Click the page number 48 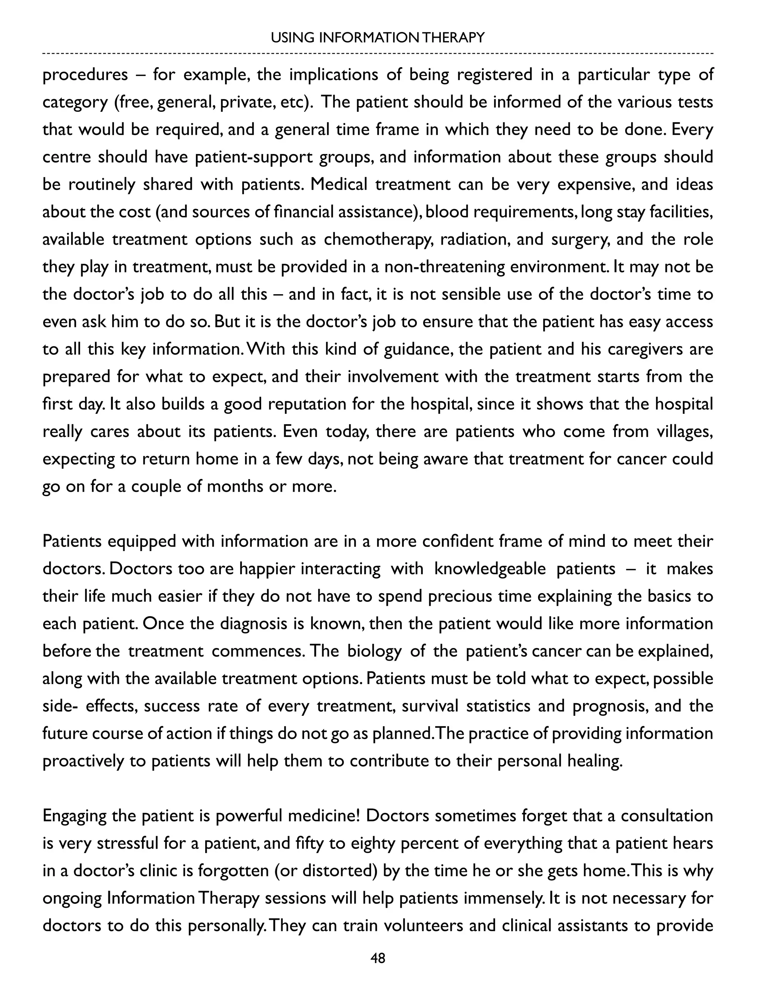click(377, 958)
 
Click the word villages click(684, 432)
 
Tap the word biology click(374, 651)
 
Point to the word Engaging click(74, 816)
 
